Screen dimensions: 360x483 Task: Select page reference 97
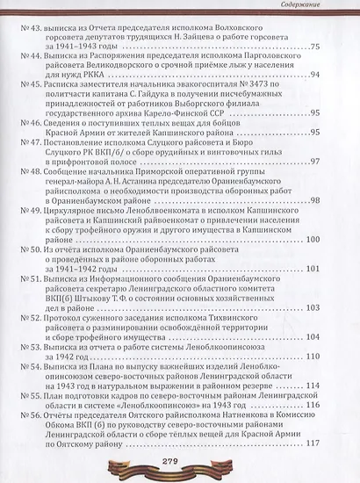pos(338,163)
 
